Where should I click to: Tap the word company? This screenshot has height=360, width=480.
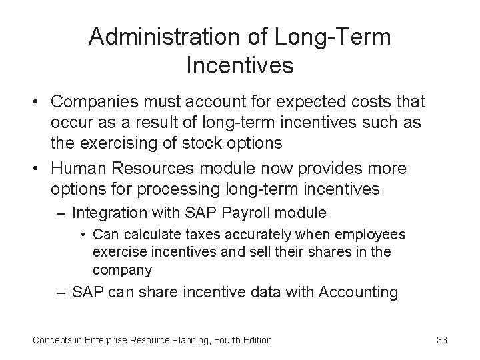pyautogui.click(x=122, y=271)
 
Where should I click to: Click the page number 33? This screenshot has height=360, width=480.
pyautogui.click(x=441, y=340)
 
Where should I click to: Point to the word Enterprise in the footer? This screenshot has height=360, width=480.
pyautogui.click(x=110, y=340)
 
